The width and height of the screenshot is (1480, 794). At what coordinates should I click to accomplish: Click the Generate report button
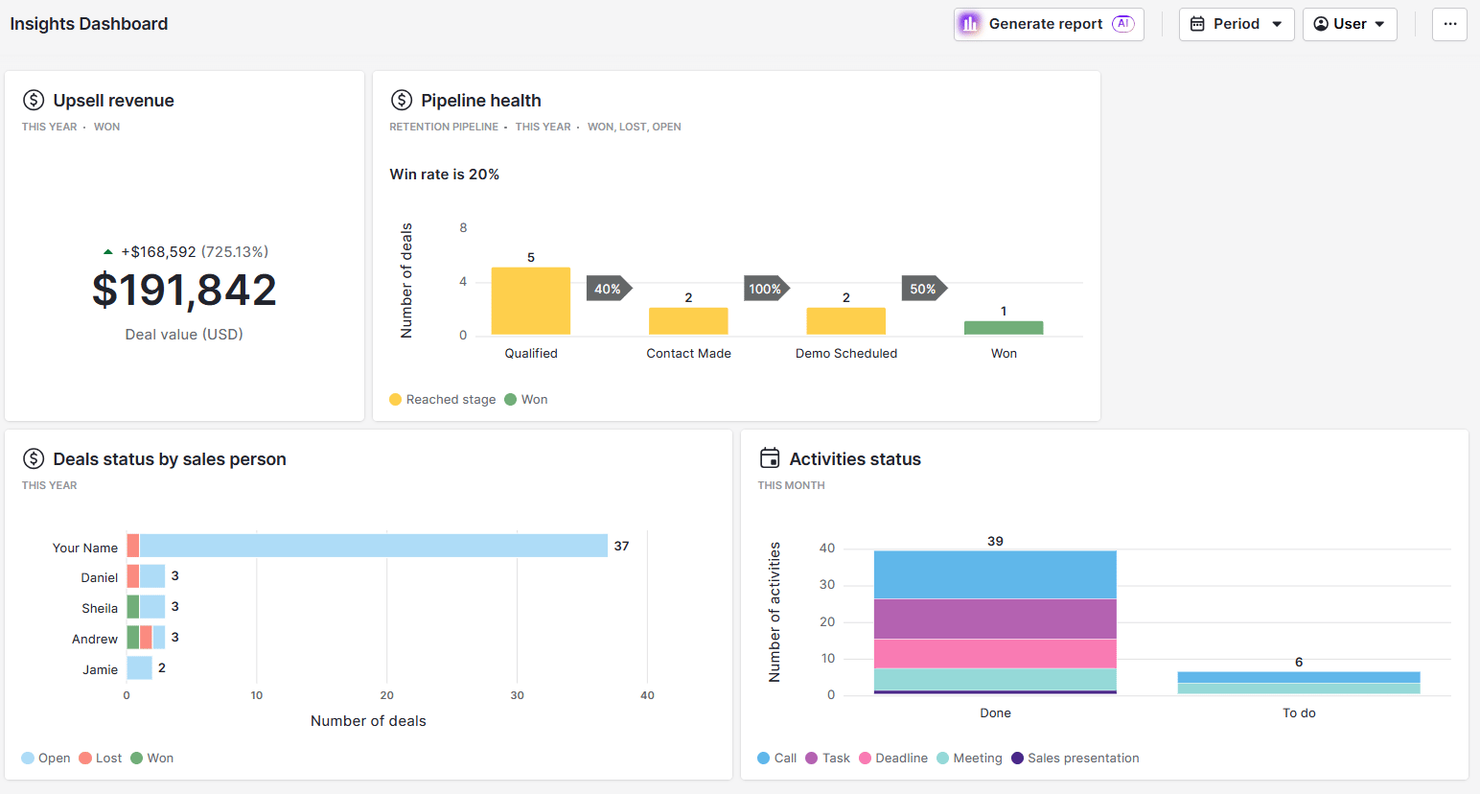tap(1048, 24)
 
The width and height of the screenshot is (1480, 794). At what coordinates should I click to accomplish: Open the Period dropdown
tap(1236, 24)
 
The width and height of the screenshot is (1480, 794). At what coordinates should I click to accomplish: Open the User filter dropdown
tap(1349, 24)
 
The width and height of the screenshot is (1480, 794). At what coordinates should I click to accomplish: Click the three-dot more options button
tap(1449, 24)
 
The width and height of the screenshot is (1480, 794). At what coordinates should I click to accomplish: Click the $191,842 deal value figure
tap(184, 290)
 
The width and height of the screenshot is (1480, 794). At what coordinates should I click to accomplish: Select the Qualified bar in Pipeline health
tap(530, 301)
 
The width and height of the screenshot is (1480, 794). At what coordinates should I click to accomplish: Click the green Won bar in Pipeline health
tap(1003, 328)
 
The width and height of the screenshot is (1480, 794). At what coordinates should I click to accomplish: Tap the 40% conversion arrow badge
tap(608, 289)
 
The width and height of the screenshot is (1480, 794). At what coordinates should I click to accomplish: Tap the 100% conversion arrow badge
tap(765, 289)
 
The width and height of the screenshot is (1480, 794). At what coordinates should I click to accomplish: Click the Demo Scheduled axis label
tap(845, 353)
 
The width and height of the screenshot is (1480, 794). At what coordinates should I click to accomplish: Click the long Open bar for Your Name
tap(373, 546)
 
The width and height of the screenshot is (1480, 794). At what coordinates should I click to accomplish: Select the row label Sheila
tap(100, 608)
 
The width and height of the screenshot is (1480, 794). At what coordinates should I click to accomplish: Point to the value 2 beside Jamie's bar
tap(162, 667)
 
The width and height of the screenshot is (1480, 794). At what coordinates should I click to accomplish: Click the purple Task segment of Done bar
tap(995, 619)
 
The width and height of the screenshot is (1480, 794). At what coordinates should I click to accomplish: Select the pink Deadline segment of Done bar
tap(995, 653)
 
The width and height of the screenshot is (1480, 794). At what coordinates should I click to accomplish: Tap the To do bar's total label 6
tap(1299, 662)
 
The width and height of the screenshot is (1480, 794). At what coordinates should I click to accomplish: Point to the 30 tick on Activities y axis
tap(826, 585)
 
